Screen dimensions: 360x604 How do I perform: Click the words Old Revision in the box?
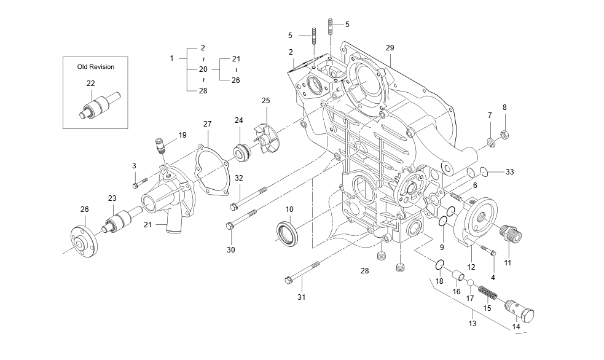(x=95, y=66)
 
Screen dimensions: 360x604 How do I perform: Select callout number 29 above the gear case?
(x=390, y=48)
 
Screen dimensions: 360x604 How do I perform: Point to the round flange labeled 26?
(x=81, y=243)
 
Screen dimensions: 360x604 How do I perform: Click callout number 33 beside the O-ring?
(x=509, y=171)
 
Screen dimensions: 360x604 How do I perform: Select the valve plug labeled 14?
(x=521, y=308)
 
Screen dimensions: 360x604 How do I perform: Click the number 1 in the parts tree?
(x=172, y=58)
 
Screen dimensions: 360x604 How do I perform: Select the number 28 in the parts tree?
(x=203, y=91)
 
